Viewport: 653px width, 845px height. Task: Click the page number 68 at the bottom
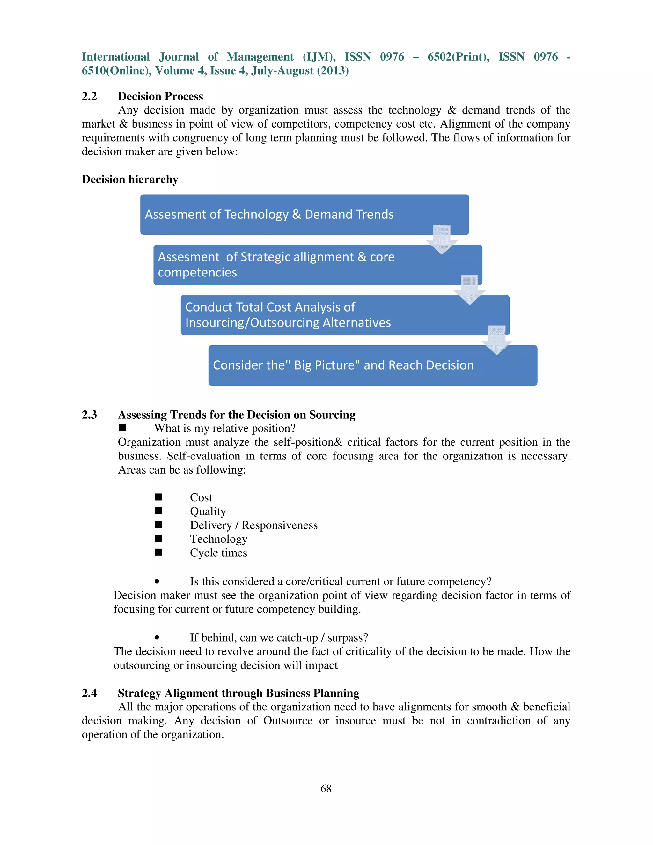326,789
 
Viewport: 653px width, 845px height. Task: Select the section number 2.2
89,96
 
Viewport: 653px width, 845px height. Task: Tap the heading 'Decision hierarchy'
130,180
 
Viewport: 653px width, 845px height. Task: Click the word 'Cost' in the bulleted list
201,497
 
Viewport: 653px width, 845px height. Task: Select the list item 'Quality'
208,511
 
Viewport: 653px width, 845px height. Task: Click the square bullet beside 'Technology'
158,539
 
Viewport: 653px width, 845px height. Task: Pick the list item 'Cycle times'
218,553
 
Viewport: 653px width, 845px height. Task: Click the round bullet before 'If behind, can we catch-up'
157,638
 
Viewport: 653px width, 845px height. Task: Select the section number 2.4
89,693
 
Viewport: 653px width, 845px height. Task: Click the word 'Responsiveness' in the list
279,525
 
